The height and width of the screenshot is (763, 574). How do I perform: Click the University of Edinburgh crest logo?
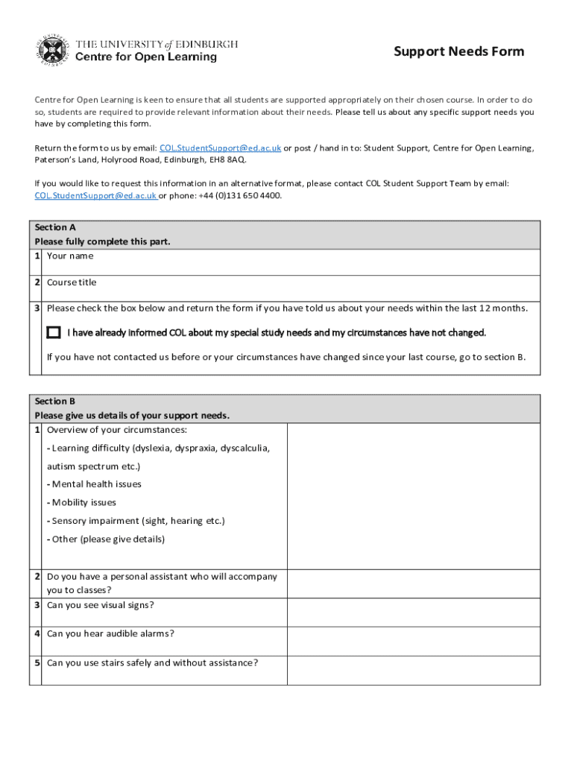click(49, 50)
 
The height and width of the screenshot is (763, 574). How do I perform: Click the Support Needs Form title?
click(458, 51)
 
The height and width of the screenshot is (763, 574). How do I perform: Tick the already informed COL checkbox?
click(54, 332)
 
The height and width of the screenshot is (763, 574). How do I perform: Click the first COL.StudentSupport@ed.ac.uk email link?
click(220, 148)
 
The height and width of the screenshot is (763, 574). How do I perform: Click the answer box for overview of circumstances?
click(413, 496)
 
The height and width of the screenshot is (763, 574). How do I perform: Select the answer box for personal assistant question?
click(413, 583)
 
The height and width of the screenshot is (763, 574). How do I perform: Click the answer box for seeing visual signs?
click(413, 612)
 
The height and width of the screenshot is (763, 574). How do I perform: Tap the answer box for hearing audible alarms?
click(413, 641)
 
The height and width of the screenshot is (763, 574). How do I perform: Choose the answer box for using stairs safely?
click(413, 670)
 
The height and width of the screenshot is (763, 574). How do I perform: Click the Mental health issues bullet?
click(94, 484)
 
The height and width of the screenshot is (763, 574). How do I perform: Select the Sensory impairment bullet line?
click(135, 521)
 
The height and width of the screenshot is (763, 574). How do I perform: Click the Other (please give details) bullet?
click(105, 539)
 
